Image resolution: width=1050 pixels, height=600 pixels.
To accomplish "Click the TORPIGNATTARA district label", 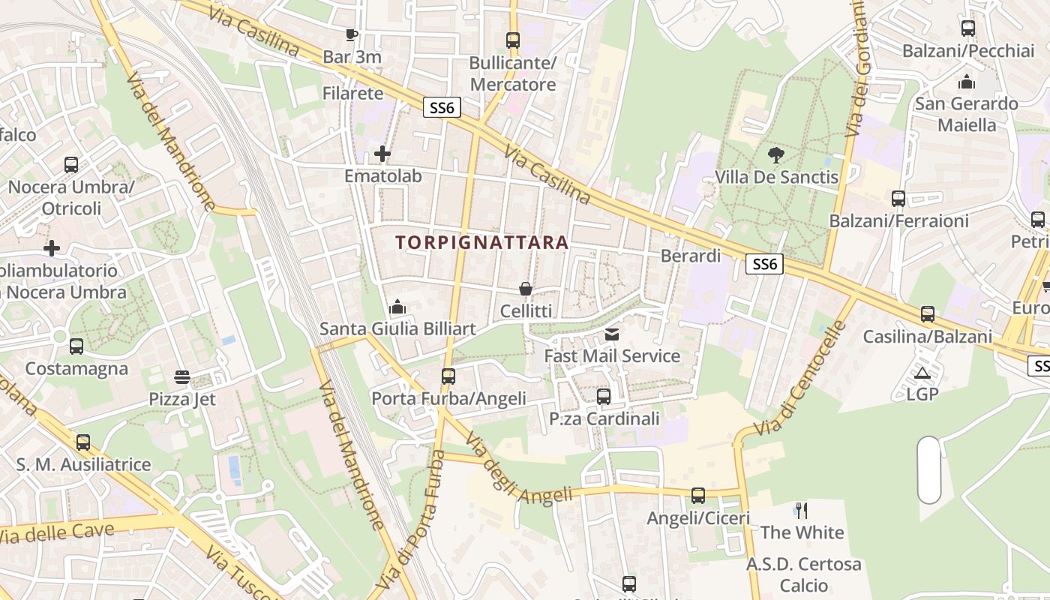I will [481, 242].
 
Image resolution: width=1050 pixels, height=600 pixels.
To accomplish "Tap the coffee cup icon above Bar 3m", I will [351, 34].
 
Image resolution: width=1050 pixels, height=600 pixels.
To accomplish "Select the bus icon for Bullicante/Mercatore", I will [513, 40].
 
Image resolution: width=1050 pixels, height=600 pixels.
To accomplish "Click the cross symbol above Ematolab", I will [382, 154].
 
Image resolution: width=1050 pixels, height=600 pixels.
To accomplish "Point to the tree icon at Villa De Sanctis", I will [776, 155].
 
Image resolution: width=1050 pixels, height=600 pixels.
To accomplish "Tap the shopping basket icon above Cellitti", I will [526, 289].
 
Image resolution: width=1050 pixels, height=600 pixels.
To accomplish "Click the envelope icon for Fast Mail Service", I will [612, 334].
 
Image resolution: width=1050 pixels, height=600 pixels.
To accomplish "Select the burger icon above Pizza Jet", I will [182, 376].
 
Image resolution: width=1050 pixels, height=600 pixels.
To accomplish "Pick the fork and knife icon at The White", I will [802, 511].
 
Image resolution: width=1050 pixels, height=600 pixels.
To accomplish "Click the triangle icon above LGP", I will [922, 373].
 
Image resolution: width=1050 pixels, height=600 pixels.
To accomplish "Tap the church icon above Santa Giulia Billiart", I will [397, 307].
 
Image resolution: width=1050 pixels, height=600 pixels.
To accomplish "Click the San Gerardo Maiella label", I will [966, 114].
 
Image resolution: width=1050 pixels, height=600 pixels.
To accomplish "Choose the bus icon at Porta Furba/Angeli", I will [448, 376].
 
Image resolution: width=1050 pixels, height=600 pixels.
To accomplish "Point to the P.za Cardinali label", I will [604, 418].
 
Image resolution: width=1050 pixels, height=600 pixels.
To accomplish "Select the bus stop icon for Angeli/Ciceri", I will [698, 496].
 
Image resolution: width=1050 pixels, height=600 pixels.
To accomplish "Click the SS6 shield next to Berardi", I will [765, 264].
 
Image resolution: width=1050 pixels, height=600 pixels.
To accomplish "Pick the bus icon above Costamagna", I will [76, 346].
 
